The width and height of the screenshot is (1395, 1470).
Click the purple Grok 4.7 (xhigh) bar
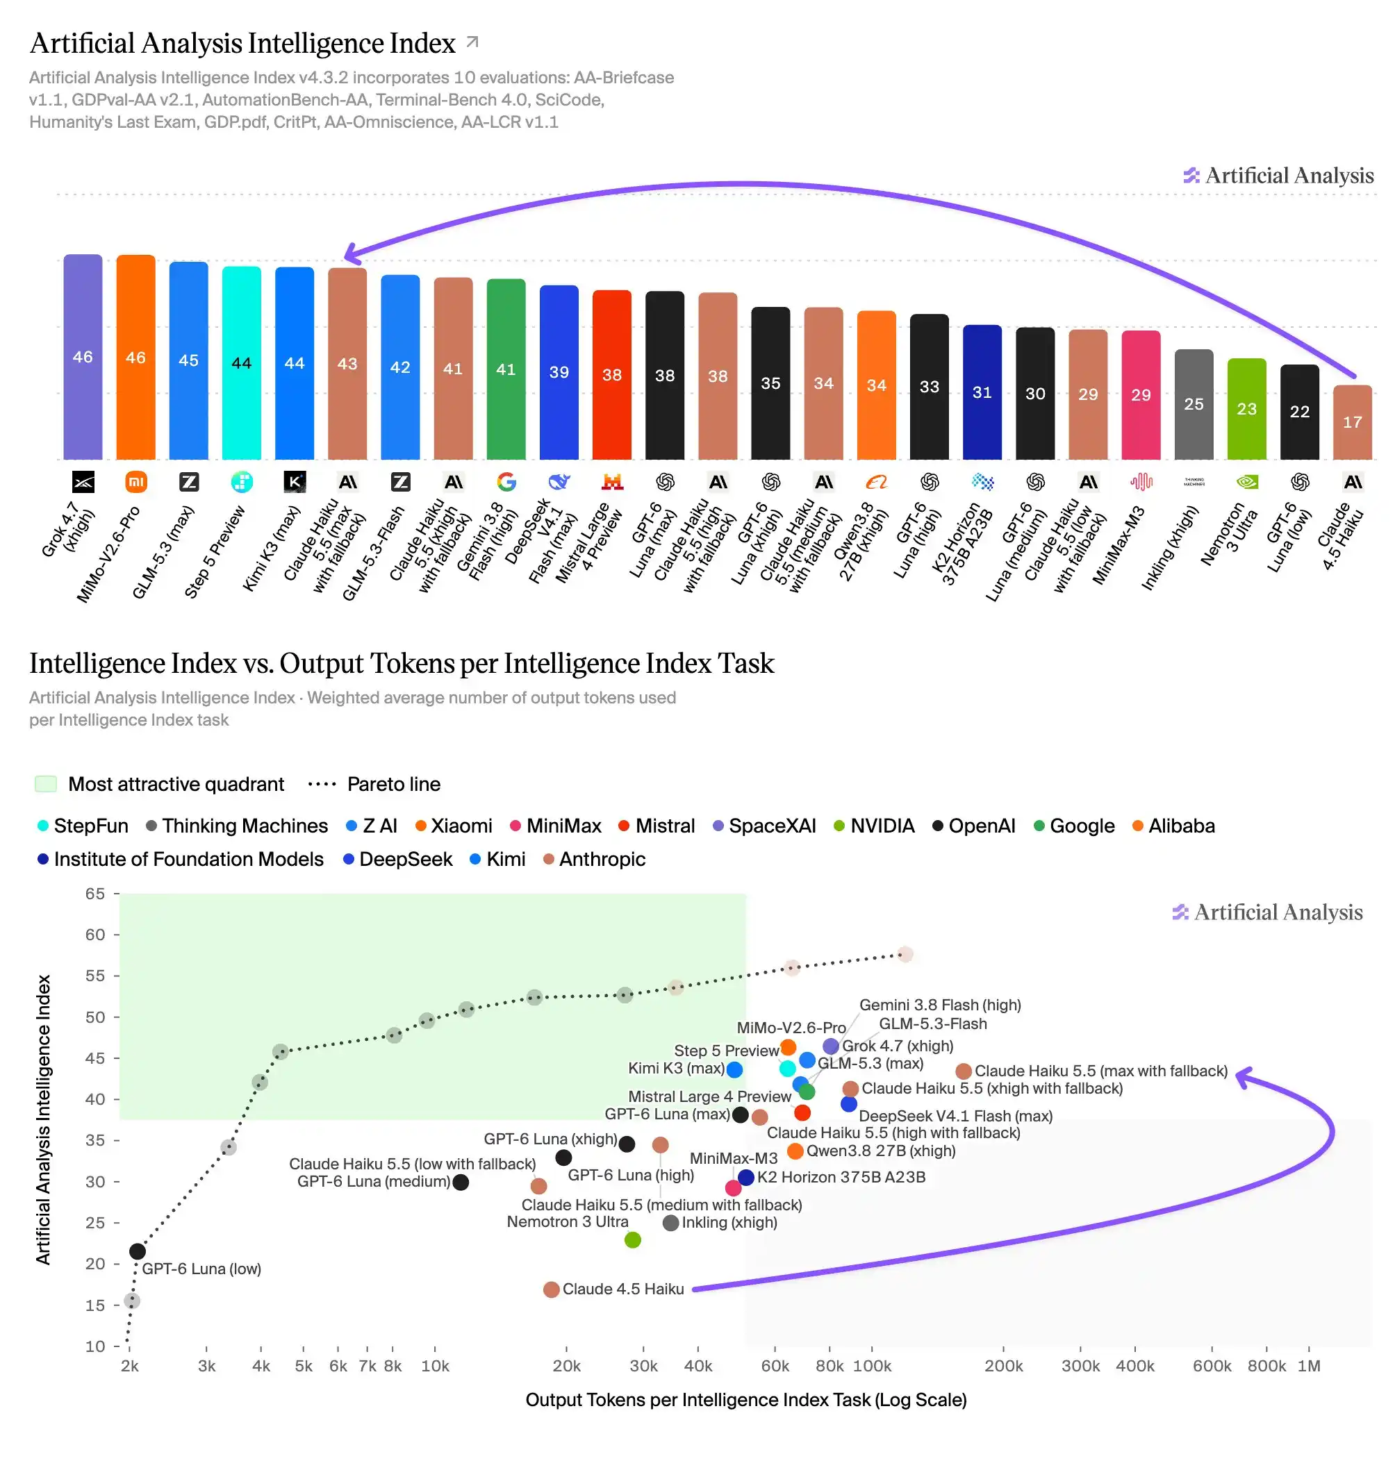(83, 357)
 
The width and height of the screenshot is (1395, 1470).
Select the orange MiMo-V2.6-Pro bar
(135, 357)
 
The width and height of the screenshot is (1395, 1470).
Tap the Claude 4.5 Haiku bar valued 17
(1352, 422)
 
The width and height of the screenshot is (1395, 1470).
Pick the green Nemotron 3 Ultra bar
(1246, 409)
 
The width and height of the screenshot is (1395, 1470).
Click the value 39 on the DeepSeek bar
(559, 371)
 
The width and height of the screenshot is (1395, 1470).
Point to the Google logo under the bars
(506, 482)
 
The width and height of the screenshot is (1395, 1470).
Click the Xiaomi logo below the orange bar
(136, 482)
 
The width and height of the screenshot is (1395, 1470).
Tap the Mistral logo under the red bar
(612, 482)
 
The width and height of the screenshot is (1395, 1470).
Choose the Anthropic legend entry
(594, 859)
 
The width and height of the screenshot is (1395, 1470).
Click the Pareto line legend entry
(374, 784)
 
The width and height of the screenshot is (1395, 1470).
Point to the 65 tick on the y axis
(95, 893)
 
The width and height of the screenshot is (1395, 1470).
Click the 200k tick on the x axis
(1003, 1366)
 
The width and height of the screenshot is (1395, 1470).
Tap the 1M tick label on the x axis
(1309, 1366)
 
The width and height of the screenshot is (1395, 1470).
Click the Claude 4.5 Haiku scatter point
(551, 1289)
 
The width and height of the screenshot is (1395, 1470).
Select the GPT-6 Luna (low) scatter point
(138, 1251)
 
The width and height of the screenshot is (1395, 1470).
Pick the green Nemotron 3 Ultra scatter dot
(633, 1239)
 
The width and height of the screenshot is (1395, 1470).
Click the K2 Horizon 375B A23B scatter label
(841, 1177)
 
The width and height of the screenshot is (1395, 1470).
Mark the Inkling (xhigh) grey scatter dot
(670, 1223)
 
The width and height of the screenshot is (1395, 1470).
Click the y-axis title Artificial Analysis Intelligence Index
(43, 1119)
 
